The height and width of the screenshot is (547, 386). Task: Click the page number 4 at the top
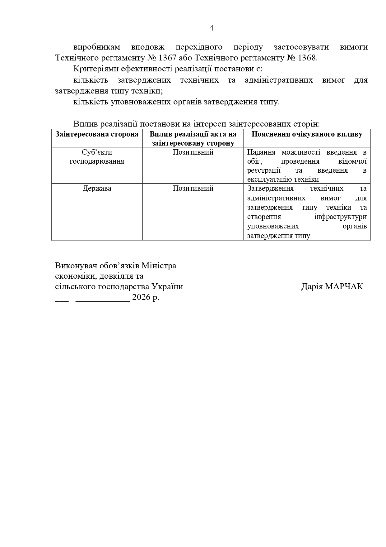click(x=212, y=28)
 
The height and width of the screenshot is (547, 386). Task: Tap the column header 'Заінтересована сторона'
click(x=97, y=134)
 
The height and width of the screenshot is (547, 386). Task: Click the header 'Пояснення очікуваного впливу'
click(x=307, y=134)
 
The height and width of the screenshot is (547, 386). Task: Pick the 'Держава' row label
click(x=97, y=189)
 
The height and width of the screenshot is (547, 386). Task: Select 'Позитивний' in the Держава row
click(x=193, y=189)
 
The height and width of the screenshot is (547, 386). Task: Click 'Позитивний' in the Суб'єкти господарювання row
click(x=193, y=152)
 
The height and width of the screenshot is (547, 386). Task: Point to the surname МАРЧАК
click(x=344, y=287)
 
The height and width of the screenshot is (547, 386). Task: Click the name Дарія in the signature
click(x=312, y=287)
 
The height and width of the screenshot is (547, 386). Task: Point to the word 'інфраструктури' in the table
click(x=340, y=217)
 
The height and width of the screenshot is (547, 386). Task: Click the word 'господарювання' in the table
click(x=97, y=161)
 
